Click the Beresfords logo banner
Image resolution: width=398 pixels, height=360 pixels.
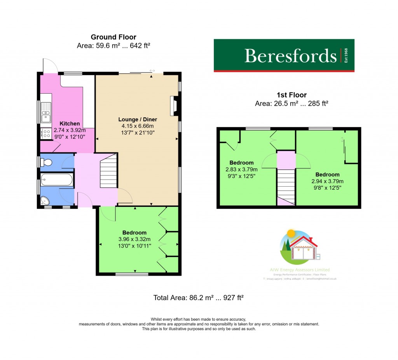tap(284, 56)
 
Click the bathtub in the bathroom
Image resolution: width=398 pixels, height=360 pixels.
tap(57, 180)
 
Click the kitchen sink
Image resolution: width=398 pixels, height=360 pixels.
tap(46, 112)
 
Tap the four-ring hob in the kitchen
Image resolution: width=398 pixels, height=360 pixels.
tap(46, 134)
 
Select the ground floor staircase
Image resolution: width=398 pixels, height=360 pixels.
tap(108, 171)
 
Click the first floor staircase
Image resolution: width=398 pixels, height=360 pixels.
tap(286, 183)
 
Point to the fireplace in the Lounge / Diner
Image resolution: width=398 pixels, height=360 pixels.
tap(173, 106)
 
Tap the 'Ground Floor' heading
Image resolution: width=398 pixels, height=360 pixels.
tap(113, 37)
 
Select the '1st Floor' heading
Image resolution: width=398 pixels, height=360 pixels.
tap(291, 95)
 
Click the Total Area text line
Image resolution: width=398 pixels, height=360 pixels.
tap(198, 298)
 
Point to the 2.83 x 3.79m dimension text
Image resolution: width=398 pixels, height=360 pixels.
tap(241, 170)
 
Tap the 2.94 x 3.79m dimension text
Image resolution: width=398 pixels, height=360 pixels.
tap(327, 181)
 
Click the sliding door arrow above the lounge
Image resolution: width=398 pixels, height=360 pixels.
tap(152, 71)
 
